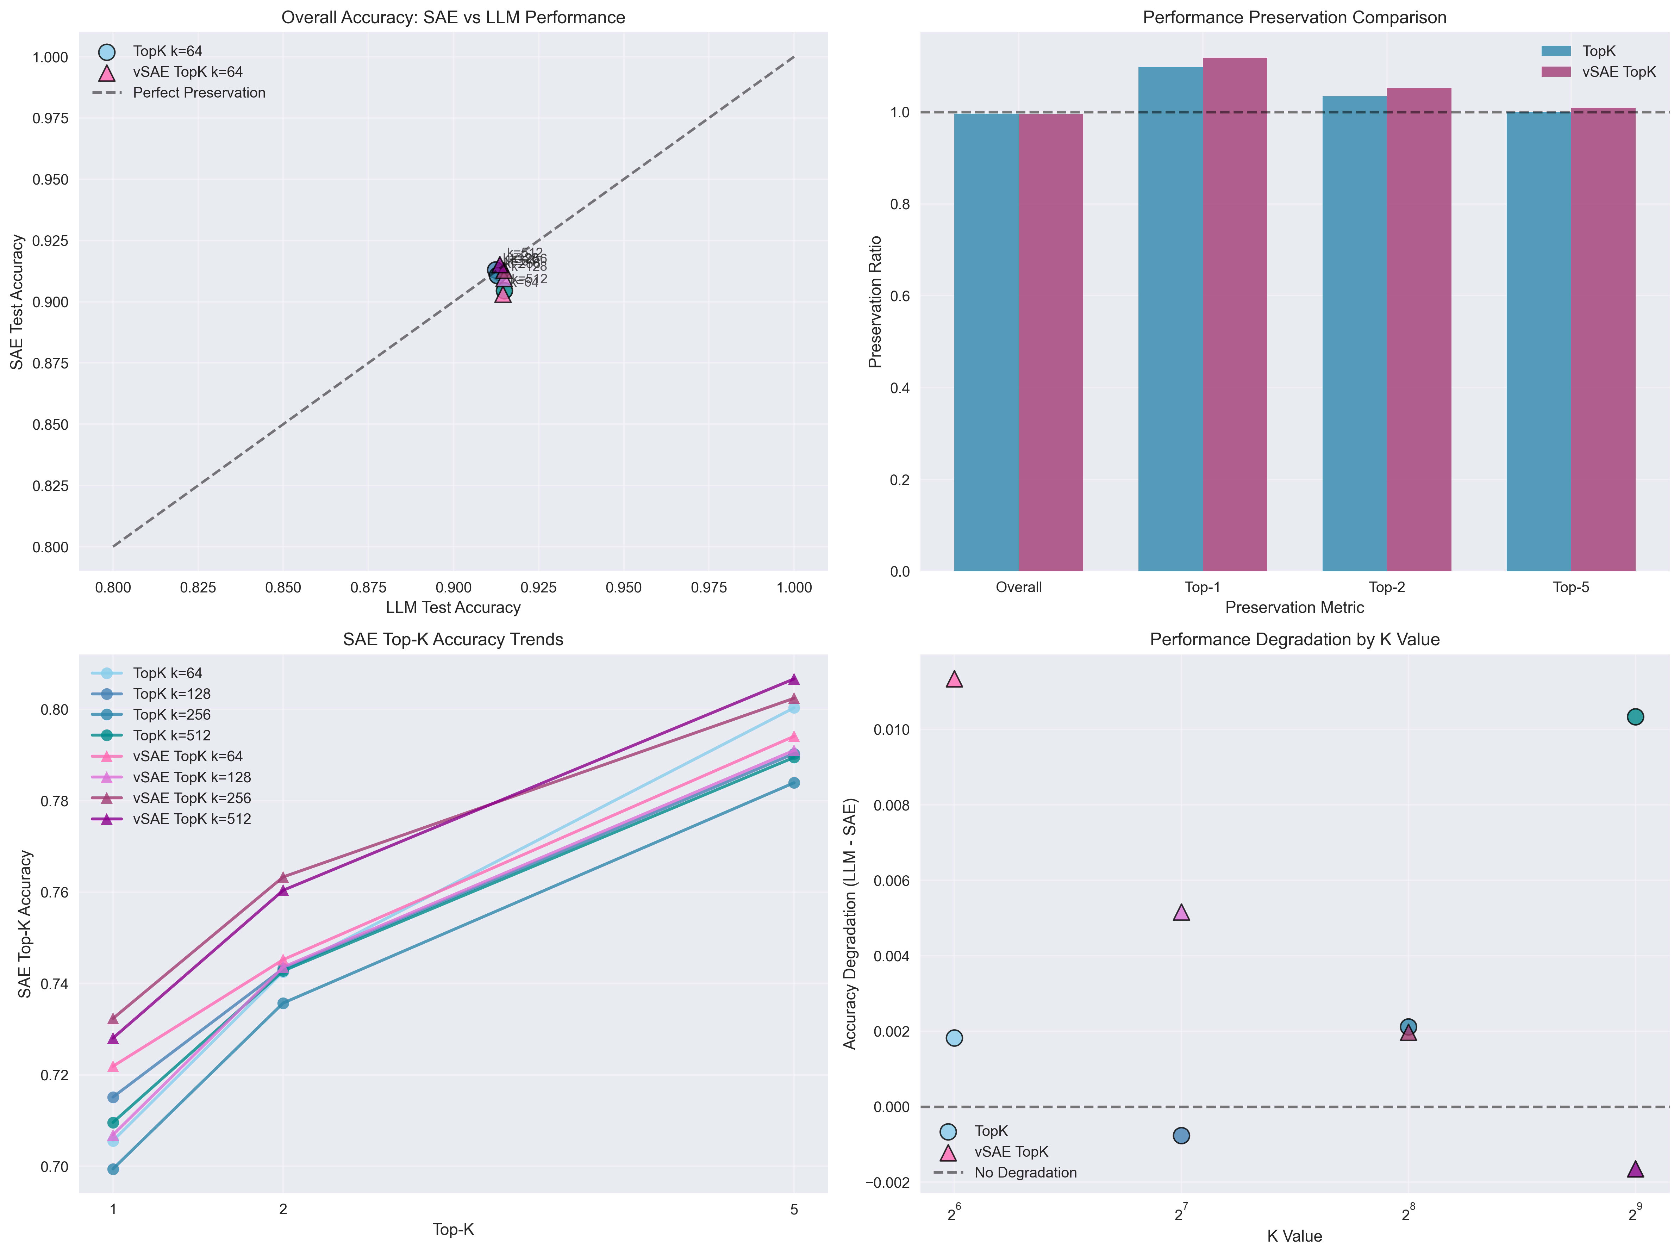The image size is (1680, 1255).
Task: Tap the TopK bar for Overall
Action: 986,342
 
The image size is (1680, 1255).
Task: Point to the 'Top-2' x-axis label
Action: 1387,587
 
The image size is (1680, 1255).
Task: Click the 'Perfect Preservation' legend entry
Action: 199,93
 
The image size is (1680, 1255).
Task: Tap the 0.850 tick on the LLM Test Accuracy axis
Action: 282,587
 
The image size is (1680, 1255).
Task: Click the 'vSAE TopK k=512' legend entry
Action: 192,819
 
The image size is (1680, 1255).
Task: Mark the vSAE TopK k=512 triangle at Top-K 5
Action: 794,679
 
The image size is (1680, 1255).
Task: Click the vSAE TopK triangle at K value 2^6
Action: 955,679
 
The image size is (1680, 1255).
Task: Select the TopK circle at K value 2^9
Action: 1635,716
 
